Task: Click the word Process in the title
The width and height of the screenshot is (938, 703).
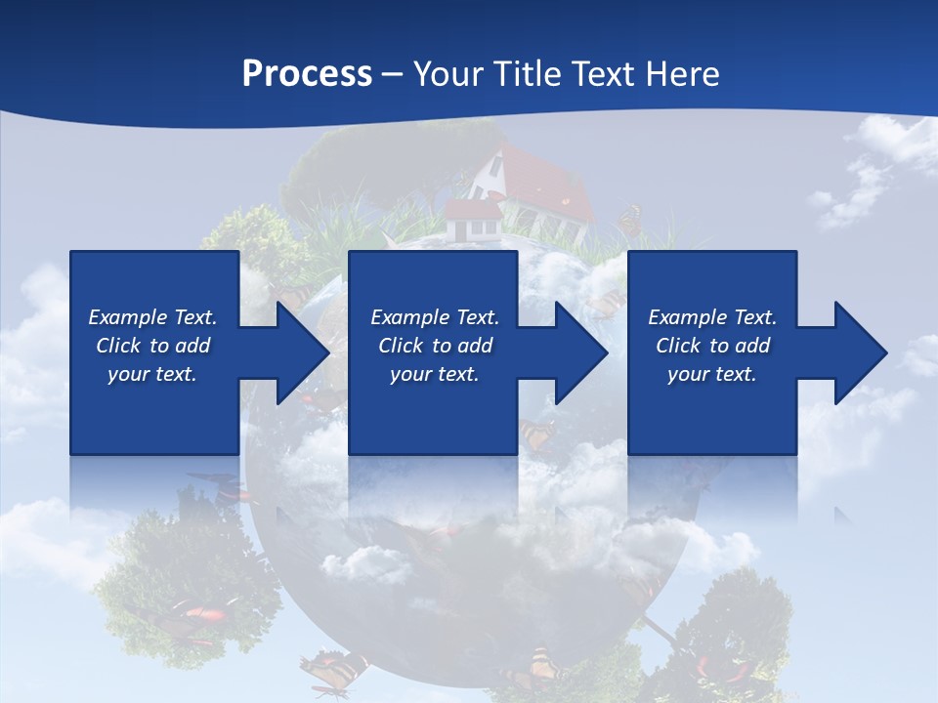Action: coord(307,74)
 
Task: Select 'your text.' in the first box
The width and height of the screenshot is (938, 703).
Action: coord(152,374)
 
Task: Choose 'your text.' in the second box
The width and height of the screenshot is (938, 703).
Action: coord(434,374)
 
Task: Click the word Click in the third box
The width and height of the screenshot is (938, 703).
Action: coord(679,346)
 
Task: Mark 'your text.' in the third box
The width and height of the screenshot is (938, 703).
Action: coord(711,374)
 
